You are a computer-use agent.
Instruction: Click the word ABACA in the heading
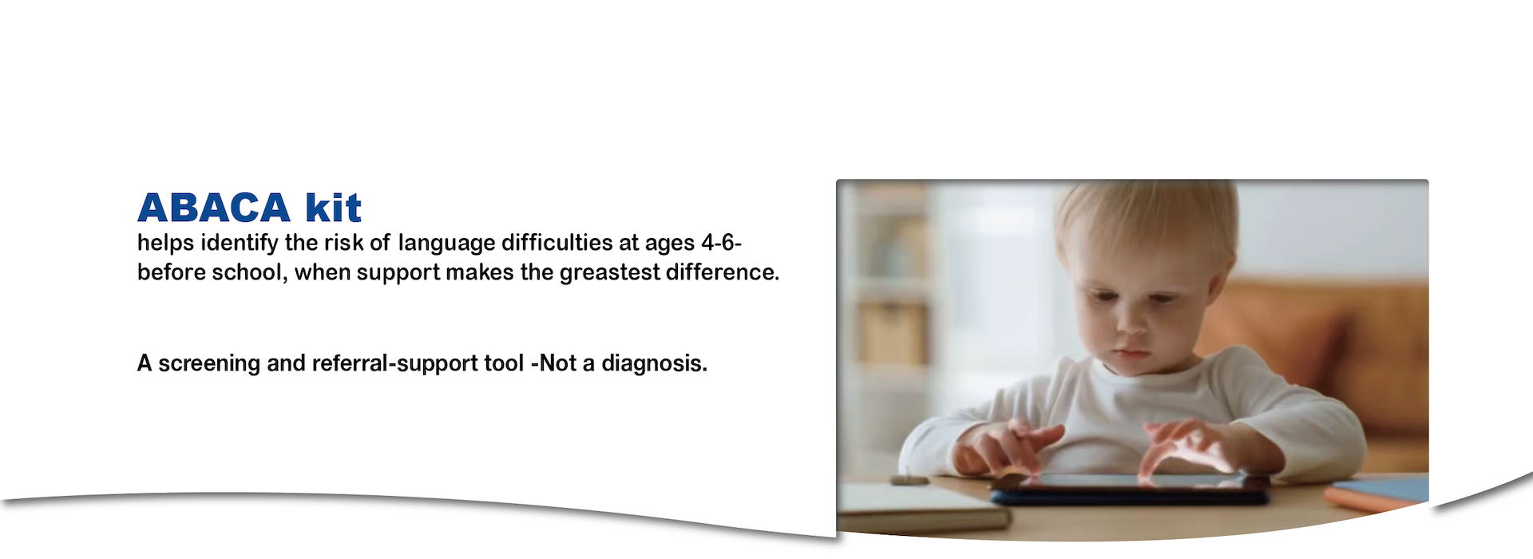click(214, 208)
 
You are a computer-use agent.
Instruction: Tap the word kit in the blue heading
click(334, 208)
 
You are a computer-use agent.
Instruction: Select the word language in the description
click(446, 244)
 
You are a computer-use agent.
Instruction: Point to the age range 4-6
click(721, 242)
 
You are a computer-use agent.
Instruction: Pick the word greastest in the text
click(610, 273)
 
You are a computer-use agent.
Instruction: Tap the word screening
click(209, 364)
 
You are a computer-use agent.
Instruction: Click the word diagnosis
click(654, 364)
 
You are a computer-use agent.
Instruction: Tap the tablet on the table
click(1130, 489)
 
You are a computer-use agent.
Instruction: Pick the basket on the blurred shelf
click(892, 334)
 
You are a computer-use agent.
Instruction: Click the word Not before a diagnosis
click(559, 363)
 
